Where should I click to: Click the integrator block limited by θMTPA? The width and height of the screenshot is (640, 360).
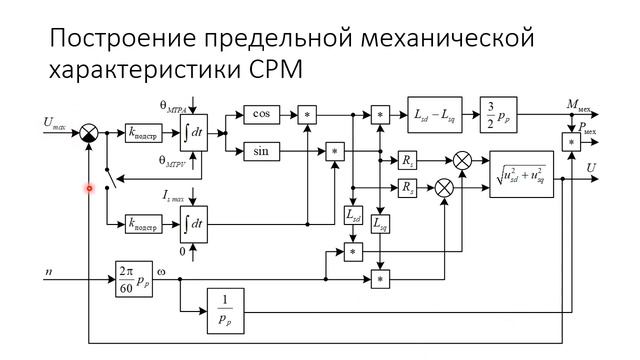click(x=193, y=132)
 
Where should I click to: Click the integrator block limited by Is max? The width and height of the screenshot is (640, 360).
click(x=193, y=222)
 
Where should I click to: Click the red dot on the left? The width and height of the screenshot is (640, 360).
click(x=89, y=187)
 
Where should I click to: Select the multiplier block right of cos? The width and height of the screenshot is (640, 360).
click(x=308, y=115)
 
